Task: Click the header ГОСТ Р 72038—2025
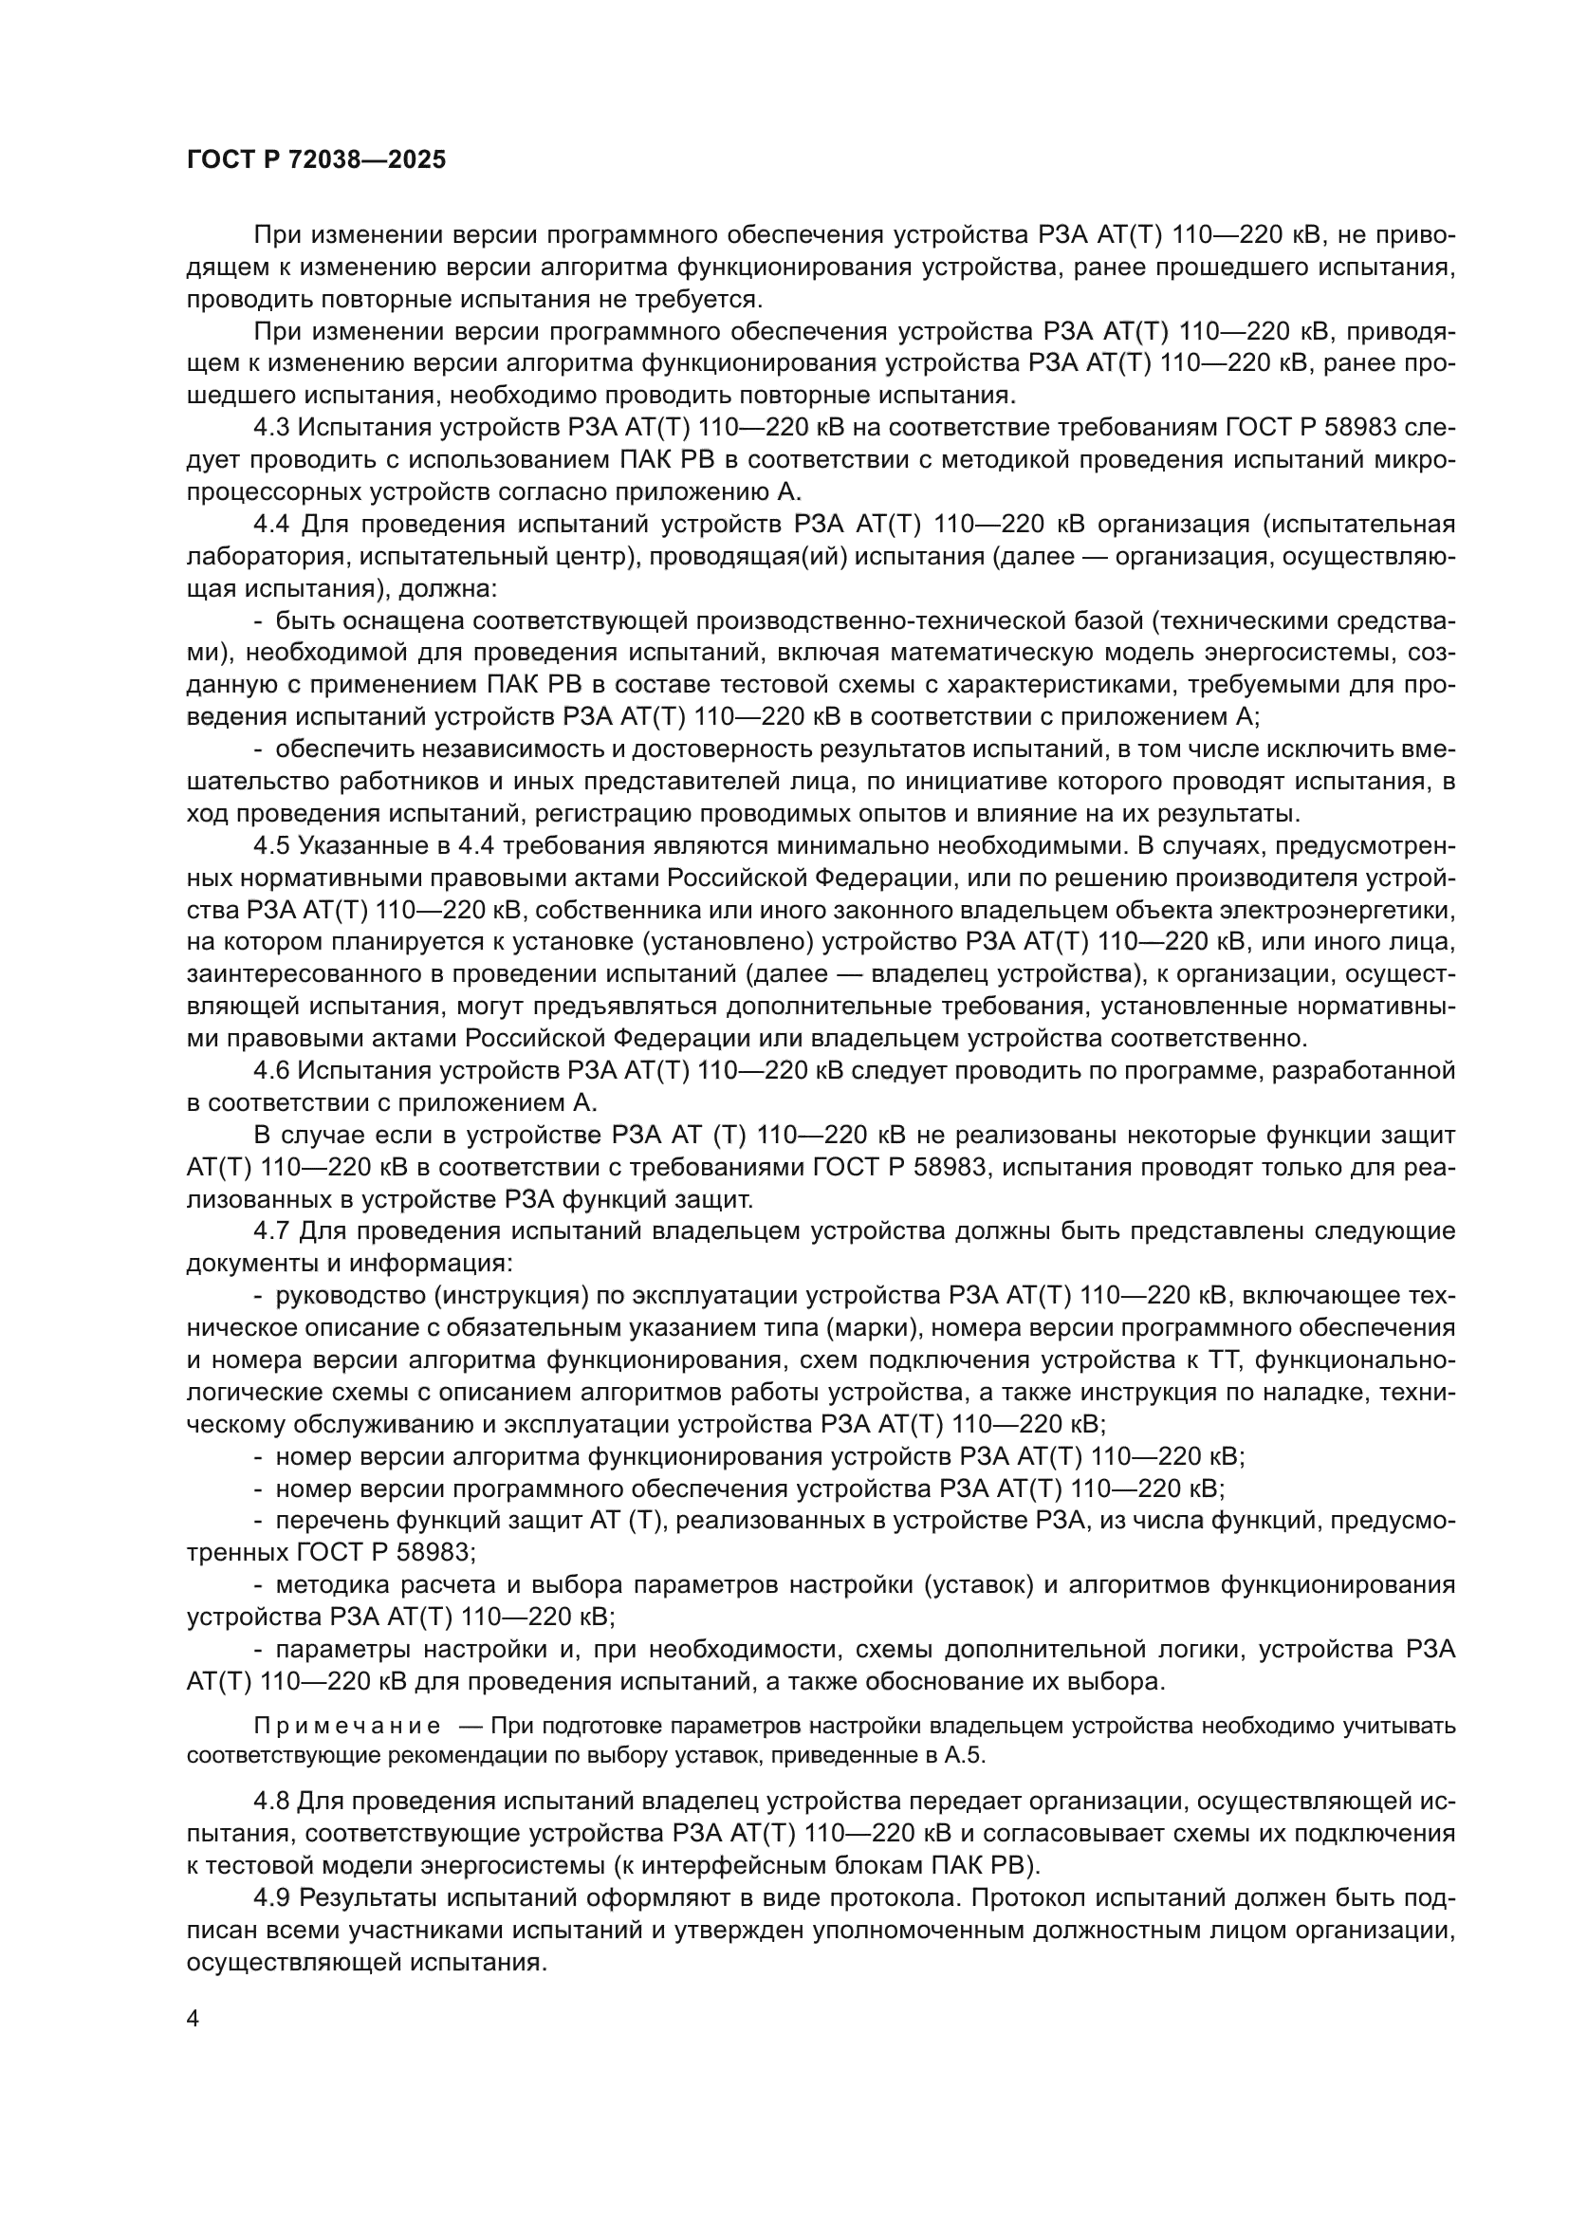[x=316, y=160]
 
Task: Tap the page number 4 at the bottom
[x=193, y=2019]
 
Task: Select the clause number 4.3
[x=271, y=428]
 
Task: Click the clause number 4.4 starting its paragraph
[x=271, y=525]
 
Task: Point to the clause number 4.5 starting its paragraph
[x=271, y=846]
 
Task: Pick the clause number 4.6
[x=271, y=1071]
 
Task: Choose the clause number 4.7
[x=271, y=1231]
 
